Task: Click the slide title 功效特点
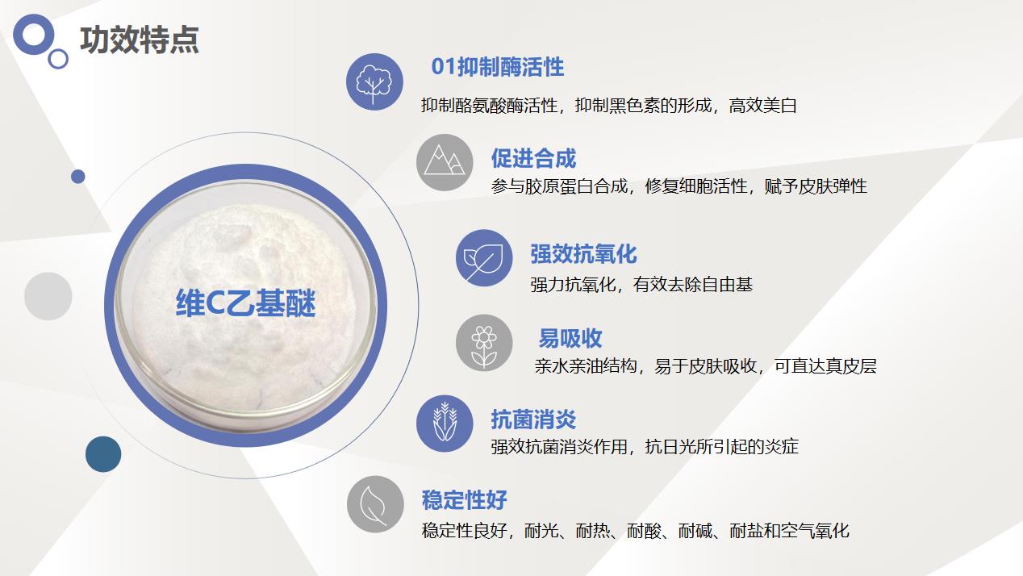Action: (x=140, y=40)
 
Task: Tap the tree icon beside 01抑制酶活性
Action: (x=374, y=81)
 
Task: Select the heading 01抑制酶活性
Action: (x=497, y=67)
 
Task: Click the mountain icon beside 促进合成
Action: (x=445, y=162)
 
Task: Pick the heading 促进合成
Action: (x=533, y=158)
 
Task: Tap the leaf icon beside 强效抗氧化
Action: (x=484, y=257)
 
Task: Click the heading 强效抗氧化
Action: (x=583, y=254)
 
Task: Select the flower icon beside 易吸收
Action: (x=484, y=343)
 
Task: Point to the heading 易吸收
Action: (x=570, y=339)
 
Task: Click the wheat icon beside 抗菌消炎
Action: (x=445, y=424)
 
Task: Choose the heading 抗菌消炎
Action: (x=533, y=419)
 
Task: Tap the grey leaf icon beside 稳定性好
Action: (x=375, y=504)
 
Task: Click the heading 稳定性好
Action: (x=464, y=499)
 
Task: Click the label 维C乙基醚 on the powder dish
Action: (x=246, y=303)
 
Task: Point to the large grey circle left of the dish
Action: (x=48, y=296)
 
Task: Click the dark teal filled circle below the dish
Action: (x=103, y=454)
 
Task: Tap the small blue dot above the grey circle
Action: (x=78, y=177)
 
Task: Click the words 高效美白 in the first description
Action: (x=762, y=106)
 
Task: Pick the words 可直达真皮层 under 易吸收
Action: (x=825, y=366)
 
